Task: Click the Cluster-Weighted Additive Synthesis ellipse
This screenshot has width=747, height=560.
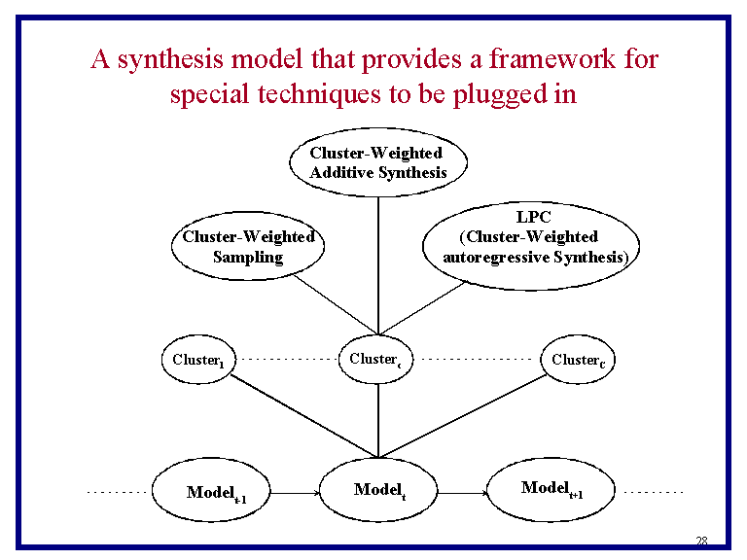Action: coord(377,163)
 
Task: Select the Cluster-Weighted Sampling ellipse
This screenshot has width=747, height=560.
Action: coord(248,247)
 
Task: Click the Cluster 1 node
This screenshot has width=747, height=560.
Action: coord(197,360)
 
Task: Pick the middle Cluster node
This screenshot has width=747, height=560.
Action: coord(375,360)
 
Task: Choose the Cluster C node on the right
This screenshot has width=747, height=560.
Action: coord(578,360)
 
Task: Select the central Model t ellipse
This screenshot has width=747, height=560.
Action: coord(378,490)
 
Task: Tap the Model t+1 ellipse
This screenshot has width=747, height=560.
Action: coord(551,488)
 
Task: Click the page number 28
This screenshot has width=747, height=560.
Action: coord(700,542)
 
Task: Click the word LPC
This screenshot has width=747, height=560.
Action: coord(533,219)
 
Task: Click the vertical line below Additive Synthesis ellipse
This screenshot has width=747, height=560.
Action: coord(377,262)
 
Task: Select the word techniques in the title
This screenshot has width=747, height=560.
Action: coord(313,94)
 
